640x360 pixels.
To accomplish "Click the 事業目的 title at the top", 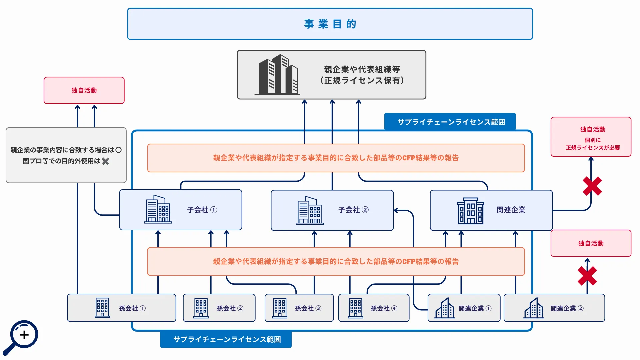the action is pos(330,24).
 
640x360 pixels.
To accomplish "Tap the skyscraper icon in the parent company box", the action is pos(277,75).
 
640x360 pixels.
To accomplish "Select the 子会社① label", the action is pos(202,210).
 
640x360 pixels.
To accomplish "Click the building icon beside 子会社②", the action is pos(310,210).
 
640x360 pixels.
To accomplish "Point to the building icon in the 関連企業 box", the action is pos(470,210).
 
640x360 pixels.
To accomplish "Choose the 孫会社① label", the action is pos(132,308).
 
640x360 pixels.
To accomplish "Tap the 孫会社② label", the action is pos(230,308).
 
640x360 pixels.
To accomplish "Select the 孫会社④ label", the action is pos(384,308).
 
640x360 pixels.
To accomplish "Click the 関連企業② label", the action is pos(567,308).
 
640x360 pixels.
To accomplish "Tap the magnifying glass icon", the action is pos(21,337).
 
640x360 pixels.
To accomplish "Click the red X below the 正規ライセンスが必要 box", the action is pos(592,186).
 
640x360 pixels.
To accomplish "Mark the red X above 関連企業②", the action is pos(587,276).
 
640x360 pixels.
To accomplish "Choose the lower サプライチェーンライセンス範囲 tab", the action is pos(226,339).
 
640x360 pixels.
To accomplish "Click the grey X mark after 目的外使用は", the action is pos(106,161).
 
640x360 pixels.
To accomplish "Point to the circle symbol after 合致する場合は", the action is pos(118,150).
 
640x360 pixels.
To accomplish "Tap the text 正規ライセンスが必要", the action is pos(593,148).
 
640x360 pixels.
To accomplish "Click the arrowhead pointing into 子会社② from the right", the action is pos(396,210).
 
